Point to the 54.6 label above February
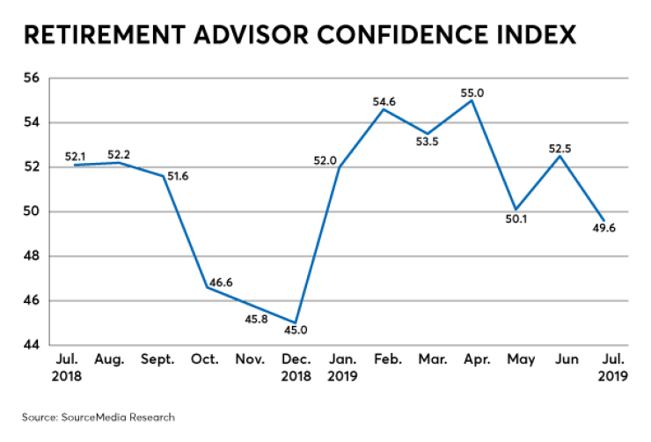(x=384, y=102)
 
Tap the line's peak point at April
(x=472, y=99)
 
